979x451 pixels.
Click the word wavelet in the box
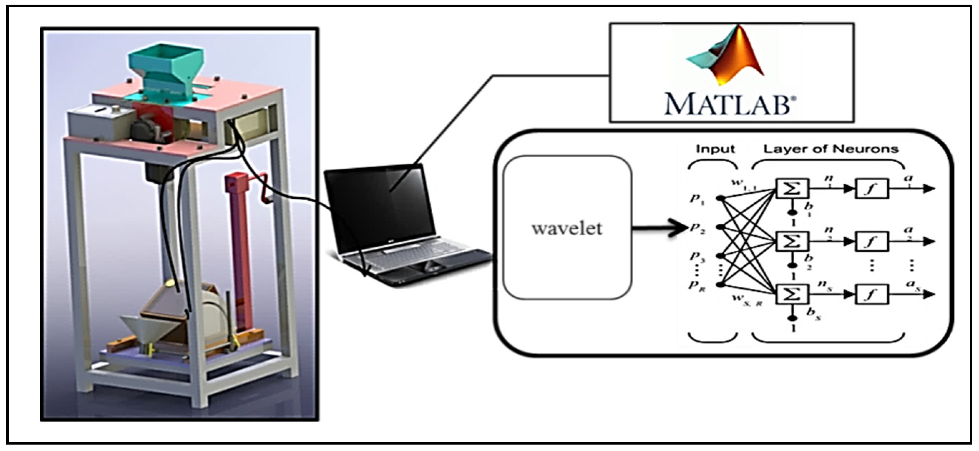567,228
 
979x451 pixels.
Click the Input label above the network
715,149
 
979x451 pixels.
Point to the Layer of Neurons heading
831,149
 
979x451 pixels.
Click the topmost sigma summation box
793,188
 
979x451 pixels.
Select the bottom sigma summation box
793,294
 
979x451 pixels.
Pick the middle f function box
871,242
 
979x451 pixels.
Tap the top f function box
871,188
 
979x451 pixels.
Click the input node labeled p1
720,198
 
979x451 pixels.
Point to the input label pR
697,286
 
